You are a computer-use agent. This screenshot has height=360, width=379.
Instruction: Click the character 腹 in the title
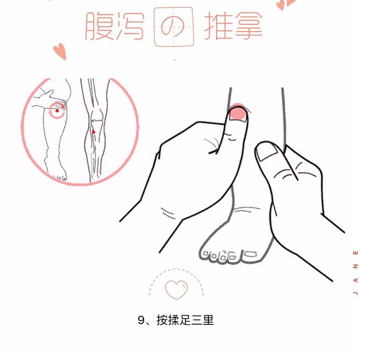click(x=99, y=27)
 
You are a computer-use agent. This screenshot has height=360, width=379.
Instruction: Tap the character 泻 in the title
click(x=130, y=27)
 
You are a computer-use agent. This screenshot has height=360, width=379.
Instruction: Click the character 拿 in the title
click(x=248, y=27)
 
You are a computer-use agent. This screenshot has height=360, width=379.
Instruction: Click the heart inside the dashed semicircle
click(x=176, y=289)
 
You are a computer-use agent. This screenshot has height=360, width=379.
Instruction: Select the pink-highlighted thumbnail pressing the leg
click(x=237, y=114)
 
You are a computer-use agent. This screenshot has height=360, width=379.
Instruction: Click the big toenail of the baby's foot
click(x=251, y=253)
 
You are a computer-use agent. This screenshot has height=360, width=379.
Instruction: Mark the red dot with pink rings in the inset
click(x=57, y=110)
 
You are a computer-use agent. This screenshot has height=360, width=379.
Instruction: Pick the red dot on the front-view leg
click(x=94, y=132)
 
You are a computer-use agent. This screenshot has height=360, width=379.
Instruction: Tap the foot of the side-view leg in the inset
click(x=57, y=174)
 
